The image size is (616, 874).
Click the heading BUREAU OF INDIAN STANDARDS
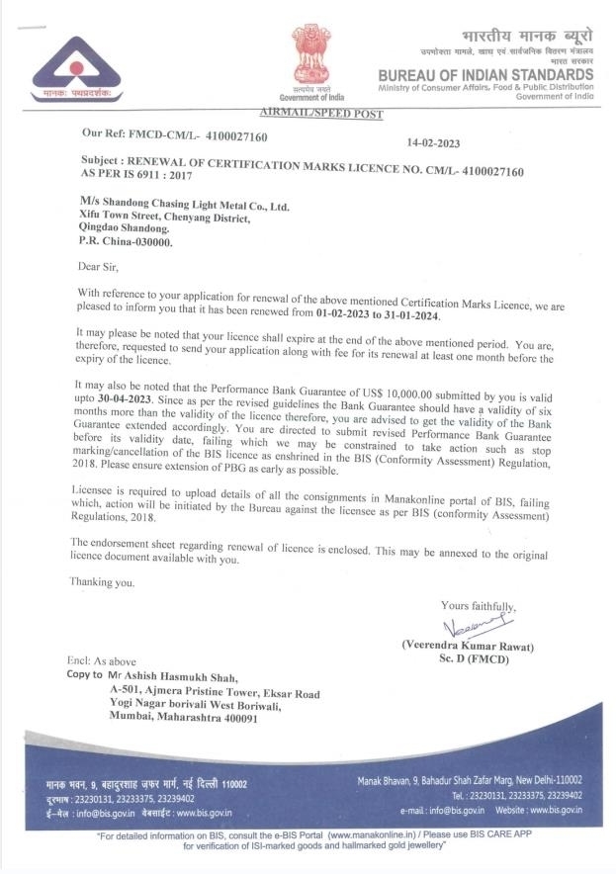coord(485,74)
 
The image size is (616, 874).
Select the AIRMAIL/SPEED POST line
coord(319,116)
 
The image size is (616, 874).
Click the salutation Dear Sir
coord(100,266)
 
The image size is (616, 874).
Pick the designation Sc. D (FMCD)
coord(469,659)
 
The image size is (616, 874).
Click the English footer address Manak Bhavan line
coord(470,779)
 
